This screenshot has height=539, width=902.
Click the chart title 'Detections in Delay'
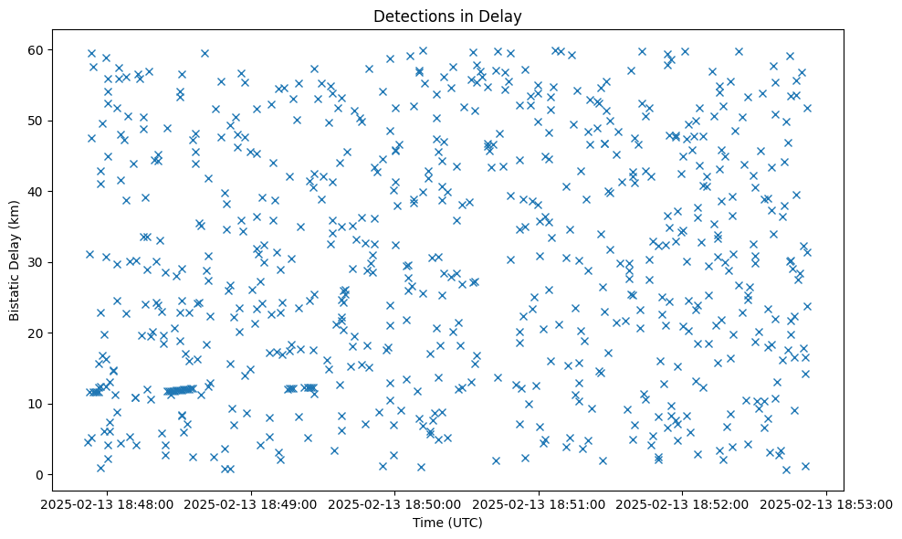click(x=447, y=16)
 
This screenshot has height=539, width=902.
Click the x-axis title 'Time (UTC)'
click(x=447, y=523)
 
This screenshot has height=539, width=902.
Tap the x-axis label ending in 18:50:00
click(x=394, y=503)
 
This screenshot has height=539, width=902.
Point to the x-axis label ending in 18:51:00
click(x=539, y=503)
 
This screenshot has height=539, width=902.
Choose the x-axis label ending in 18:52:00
click(x=683, y=503)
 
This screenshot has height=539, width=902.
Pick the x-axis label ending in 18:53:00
click(x=827, y=503)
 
